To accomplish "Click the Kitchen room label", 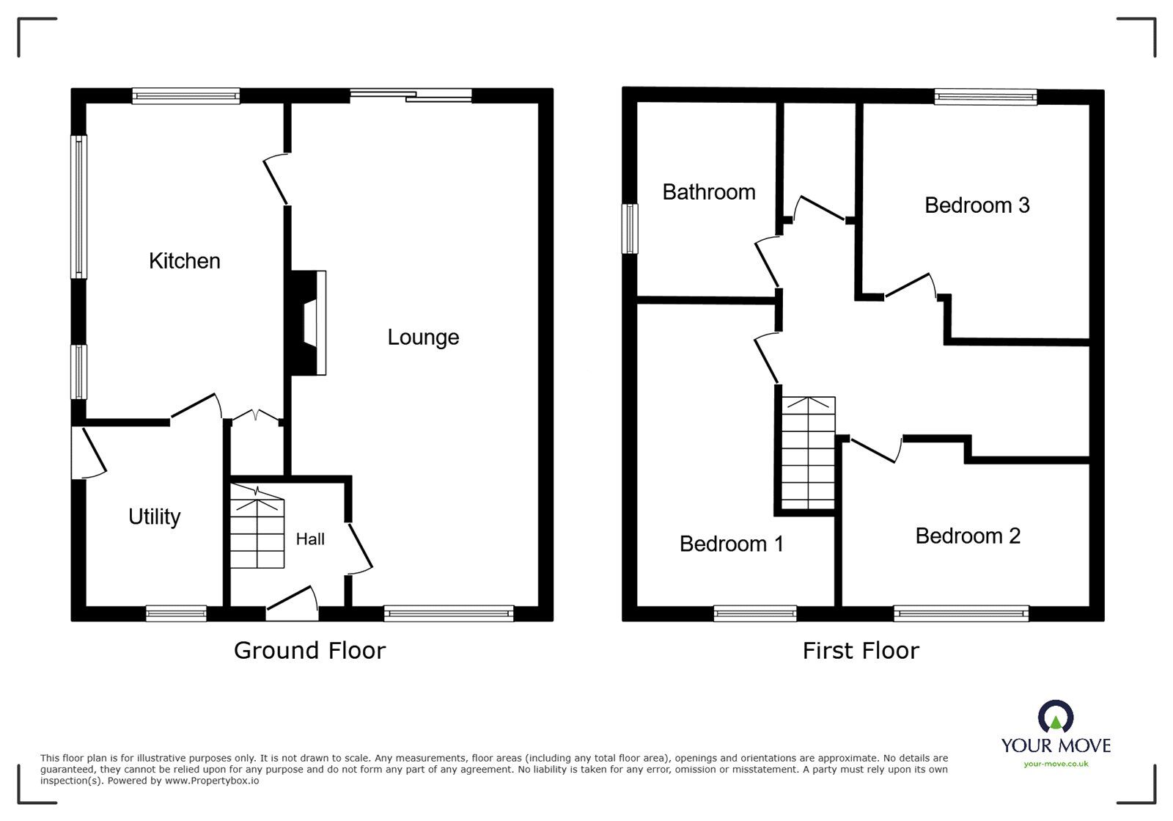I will pyautogui.click(x=184, y=260).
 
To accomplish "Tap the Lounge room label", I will pyautogui.click(x=423, y=337).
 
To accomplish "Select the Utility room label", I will pyautogui.click(x=154, y=517).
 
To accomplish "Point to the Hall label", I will pyautogui.click(x=309, y=539).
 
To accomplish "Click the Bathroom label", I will pyautogui.click(x=708, y=192).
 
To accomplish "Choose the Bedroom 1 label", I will pyautogui.click(x=731, y=544).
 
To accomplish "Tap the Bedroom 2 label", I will pyautogui.click(x=967, y=536).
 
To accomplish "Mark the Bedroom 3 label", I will pyautogui.click(x=977, y=205).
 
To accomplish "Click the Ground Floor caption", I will pyautogui.click(x=309, y=650).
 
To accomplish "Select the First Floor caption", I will pyautogui.click(x=860, y=650).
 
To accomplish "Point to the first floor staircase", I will pyautogui.click(x=808, y=453).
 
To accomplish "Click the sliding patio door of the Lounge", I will pyautogui.click(x=411, y=94).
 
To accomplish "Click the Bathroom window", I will pyautogui.click(x=629, y=229).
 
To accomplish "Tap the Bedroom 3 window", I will pyautogui.click(x=985, y=97).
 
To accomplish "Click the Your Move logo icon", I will pyautogui.click(x=1055, y=716).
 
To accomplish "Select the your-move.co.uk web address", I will pyautogui.click(x=1056, y=764).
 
